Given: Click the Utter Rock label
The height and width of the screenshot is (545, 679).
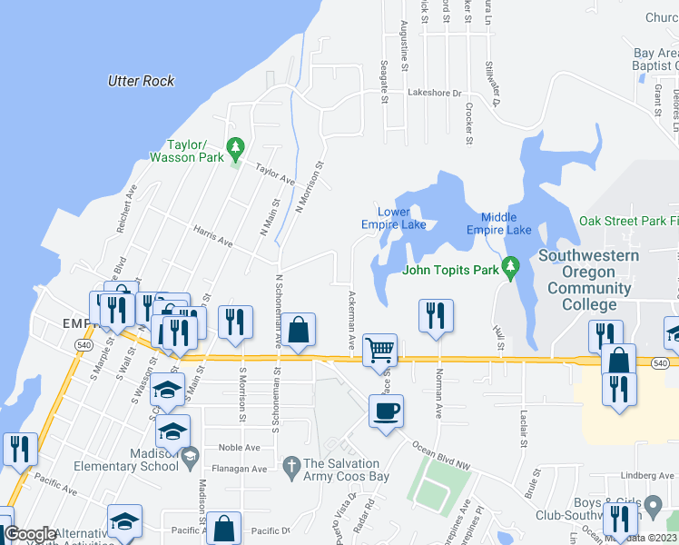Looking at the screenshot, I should [141, 81].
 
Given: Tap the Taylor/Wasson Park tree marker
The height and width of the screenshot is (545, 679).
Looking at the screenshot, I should [235, 145].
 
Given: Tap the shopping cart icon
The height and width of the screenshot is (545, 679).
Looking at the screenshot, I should [379, 349].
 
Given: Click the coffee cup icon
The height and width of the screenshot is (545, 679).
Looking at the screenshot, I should [386, 411].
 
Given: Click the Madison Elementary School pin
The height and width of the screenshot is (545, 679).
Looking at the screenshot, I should [189, 460].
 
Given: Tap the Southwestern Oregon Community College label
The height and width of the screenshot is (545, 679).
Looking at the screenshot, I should [588, 280].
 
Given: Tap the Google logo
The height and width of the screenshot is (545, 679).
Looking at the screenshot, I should [30, 534].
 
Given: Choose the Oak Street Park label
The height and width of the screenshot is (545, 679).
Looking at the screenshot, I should [628, 221].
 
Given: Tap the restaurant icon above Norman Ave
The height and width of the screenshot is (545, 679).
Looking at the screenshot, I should [435, 315].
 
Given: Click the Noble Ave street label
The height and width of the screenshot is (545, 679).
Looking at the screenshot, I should [240, 448].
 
